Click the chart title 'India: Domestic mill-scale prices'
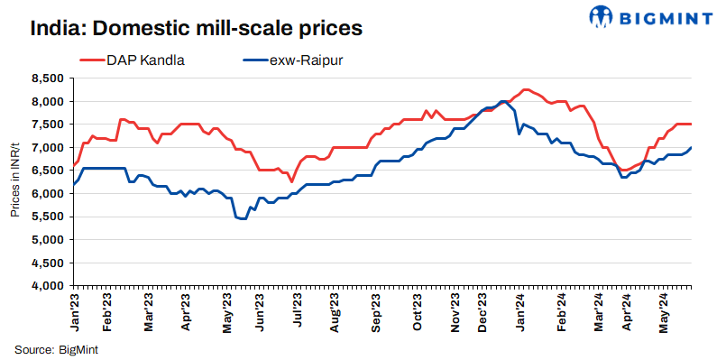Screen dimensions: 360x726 tap(196, 28)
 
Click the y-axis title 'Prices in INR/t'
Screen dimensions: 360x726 tap(15, 181)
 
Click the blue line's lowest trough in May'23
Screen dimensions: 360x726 tap(243, 219)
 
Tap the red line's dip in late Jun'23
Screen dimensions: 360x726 tap(291, 181)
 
